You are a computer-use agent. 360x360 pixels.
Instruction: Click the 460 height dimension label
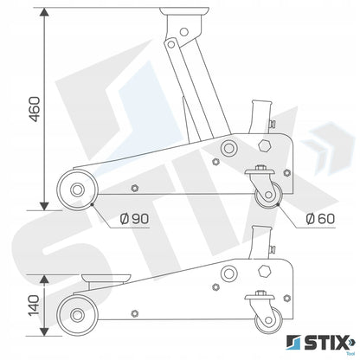coord(35,109)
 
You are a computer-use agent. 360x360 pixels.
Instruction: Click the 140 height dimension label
coord(35,305)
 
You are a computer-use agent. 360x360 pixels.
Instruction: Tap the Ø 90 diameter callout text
coord(134,219)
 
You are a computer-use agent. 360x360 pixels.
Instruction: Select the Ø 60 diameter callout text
coord(320,219)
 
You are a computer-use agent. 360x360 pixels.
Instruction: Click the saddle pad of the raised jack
coord(184,11)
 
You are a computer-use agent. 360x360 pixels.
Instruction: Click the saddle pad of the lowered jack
coord(106,279)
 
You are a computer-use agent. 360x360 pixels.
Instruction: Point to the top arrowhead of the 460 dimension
coord(44,12)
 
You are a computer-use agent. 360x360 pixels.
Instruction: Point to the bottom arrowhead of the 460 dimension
coord(44,206)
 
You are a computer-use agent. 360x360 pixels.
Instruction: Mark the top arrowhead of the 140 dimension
coord(44,279)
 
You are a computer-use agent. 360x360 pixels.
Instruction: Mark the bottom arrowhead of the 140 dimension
coord(44,331)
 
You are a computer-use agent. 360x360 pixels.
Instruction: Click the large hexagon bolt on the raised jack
coord(264,145)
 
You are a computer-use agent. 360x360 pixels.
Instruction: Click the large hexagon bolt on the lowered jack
coord(264,271)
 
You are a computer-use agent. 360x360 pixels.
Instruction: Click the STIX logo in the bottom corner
coord(320,343)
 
